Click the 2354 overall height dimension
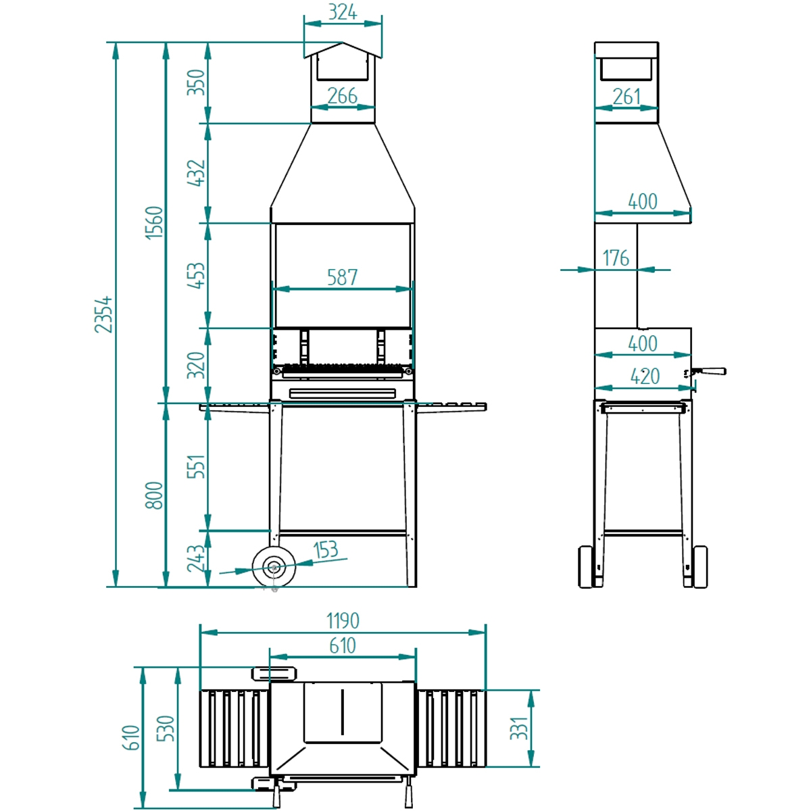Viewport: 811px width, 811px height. (103, 314)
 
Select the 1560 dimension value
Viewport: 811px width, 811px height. (155, 222)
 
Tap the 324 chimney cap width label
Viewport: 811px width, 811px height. (343, 12)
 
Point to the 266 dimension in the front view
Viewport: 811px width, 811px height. (342, 96)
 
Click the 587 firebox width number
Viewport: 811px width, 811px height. (342, 277)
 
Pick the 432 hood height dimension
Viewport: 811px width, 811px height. (195, 173)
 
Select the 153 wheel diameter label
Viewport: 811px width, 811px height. (326, 550)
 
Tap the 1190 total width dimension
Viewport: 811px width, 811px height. (343, 620)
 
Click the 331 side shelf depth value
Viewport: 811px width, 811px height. (519, 729)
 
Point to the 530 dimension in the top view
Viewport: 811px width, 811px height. (166, 729)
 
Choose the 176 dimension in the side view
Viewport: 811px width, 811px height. (616, 258)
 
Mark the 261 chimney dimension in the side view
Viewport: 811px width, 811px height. (626, 97)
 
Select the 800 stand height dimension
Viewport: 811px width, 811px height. (155, 495)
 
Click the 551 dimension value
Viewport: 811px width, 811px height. (195, 467)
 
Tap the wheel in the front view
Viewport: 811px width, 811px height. (274, 567)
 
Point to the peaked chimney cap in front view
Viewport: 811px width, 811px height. (343, 51)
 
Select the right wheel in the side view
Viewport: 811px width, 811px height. (700, 566)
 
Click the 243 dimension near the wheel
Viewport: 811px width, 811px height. (195, 559)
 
